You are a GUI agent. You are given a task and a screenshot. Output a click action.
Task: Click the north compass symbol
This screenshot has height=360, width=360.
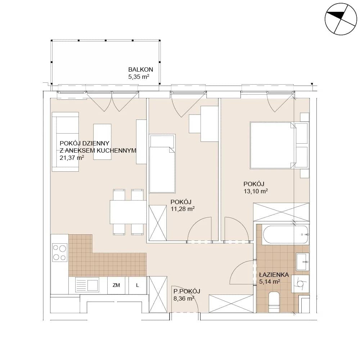pos(341,19)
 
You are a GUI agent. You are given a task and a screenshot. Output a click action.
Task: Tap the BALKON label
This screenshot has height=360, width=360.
pos(140,69)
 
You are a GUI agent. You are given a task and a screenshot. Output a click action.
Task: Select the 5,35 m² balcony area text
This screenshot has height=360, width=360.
pos(139,77)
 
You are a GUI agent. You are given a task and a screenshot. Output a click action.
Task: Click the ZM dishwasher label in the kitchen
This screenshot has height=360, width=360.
pos(116,285)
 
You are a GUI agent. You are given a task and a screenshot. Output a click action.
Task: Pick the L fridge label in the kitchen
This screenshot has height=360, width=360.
pos(137,285)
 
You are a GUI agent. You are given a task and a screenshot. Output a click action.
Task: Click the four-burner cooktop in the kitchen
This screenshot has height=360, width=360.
pos(60,253)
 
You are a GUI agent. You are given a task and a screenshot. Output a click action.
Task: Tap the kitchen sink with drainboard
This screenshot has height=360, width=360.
pos(87,285)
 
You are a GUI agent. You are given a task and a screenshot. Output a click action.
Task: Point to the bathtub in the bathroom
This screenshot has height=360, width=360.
pos(285,235)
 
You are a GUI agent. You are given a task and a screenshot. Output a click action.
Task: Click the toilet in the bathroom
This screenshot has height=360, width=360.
pos(274,302)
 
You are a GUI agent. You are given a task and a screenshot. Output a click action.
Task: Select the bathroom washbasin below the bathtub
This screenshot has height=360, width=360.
pos(303,262)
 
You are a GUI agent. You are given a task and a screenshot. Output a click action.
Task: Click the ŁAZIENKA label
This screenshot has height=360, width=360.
pos(274,275)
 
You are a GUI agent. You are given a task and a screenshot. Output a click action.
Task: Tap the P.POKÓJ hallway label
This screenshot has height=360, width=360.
pos(186,291)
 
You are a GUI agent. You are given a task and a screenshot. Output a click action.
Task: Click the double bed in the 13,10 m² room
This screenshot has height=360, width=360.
pos(273,145)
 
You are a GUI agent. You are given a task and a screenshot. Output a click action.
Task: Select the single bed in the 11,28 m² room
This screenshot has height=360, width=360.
pos(162,163)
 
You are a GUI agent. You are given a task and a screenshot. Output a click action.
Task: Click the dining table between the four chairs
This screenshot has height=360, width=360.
pos(128,212)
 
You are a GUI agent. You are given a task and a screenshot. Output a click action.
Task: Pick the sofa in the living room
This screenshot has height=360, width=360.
pos(66,141)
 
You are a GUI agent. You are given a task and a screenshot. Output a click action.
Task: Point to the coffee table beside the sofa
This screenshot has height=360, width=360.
pos(102,141)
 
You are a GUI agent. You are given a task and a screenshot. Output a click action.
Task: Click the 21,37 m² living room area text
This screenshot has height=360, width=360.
pos(72,158)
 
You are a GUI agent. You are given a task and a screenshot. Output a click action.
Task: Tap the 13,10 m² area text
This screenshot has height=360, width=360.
pos(256,191)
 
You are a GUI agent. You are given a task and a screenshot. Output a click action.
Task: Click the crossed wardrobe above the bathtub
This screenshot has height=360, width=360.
pos(281,212)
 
